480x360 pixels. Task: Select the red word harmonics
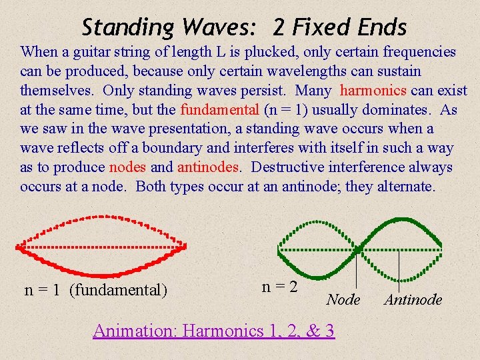tap(374, 90)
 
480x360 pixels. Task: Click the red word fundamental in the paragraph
tap(219, 109)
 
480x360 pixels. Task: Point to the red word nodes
tap(127, 167)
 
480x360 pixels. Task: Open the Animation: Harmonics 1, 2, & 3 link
tap(213, 330)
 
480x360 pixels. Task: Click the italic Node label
tap(343, 300)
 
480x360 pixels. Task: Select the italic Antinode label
tap(413, 300)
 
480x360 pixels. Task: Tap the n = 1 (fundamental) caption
tap(96, 289)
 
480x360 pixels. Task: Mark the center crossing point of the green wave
tap(359, 250)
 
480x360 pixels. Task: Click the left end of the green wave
tap(278, 250)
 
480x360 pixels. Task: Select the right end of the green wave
tap(440, 250)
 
